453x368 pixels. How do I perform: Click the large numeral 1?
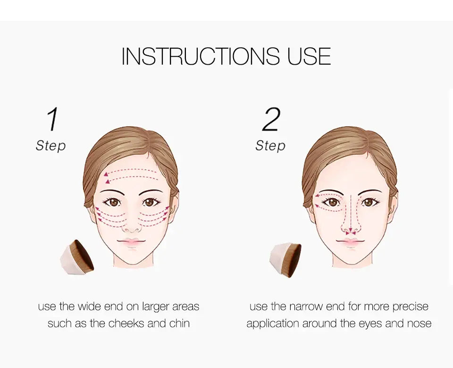tap(52, 119)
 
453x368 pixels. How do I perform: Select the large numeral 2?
tap(271, 119)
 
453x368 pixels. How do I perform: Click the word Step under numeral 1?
tap(51, 146)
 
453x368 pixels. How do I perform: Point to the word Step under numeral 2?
tap(270, 146)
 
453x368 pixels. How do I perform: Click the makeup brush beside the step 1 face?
tap(77, 257)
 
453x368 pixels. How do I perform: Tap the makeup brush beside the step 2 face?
tap(285, 260)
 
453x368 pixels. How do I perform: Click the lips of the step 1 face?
tap(132, 242)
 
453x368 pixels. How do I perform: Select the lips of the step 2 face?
tap(351, 242)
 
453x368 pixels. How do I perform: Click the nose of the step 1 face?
tap(132, 226)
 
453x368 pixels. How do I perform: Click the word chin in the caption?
tap(179, 323)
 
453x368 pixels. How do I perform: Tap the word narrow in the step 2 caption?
tap(306, 307)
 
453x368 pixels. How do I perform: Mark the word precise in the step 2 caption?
tap(410, 307)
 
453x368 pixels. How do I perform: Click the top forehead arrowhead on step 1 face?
tap(106, 174)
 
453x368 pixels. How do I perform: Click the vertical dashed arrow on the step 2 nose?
tap(351, 213)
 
